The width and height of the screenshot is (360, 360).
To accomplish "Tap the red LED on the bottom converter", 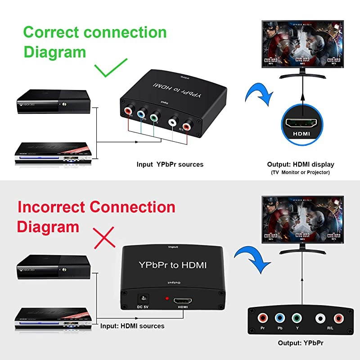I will pyautogui.click(x=167, y=299).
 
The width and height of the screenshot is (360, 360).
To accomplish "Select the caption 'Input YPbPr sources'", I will pyautogui.click(x=170, y=164).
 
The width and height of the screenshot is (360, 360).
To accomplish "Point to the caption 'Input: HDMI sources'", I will pyautogui.click(x=132, y=326).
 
